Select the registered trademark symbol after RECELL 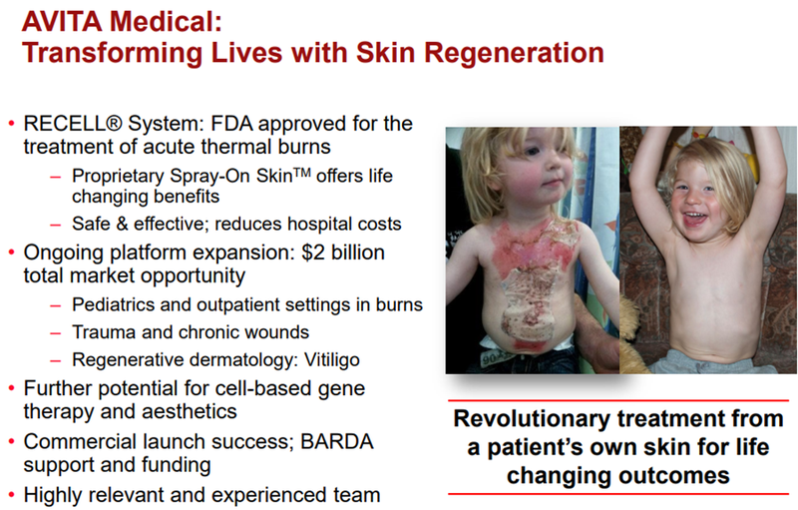[x=116, y=124]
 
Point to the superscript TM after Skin [x=302, y=172]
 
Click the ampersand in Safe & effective [x=122, y=224]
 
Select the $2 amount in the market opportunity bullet [x=313, y=253]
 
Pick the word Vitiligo [x=332, y=360]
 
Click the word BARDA [x=337, y=442]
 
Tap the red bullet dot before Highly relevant [x=11, y=495]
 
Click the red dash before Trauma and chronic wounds [x=56, y=333]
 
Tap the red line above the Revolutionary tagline [x=618, y=401]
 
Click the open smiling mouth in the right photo [x=695, y=219]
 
